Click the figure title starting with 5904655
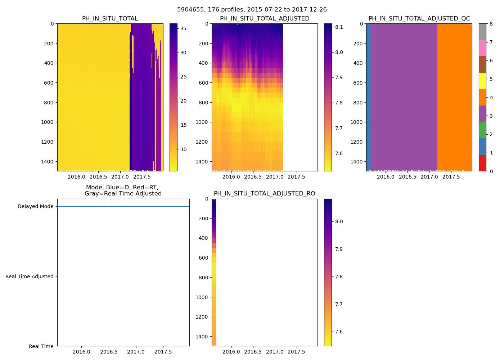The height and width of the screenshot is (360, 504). tap(252, 10)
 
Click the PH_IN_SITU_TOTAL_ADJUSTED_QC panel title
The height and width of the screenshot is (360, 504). tap(419, 19)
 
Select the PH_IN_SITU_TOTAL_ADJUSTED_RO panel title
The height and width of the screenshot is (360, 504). tap(264, 194)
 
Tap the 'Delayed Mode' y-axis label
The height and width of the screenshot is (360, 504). tap(35, 207)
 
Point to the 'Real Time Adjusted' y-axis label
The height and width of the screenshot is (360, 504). tap(29, 276)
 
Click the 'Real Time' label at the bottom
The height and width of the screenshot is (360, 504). tap(41, 346)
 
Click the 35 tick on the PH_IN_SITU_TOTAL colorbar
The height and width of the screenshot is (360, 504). tap(183, 28)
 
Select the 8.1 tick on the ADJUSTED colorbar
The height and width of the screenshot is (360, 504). tap(338, 27)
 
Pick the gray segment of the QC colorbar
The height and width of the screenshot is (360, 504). tap(482, 32)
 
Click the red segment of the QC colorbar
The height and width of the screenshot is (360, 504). tap(482, 163)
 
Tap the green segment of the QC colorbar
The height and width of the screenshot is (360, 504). tap(482, 130)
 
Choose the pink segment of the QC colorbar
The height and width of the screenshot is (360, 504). tap(482, 48)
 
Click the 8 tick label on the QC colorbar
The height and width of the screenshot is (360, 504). tap(491, 24)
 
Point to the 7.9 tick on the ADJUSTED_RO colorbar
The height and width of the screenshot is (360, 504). tap(338, 249)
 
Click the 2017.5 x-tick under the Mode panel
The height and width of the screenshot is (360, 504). tap(163, 352)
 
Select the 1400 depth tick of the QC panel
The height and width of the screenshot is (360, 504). tap(356, 162)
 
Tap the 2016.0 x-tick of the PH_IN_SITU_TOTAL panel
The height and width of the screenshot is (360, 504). tap(76, 177)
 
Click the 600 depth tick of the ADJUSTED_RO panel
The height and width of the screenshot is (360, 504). tap(203, 258)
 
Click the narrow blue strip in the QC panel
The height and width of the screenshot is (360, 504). tap(368, 97)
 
